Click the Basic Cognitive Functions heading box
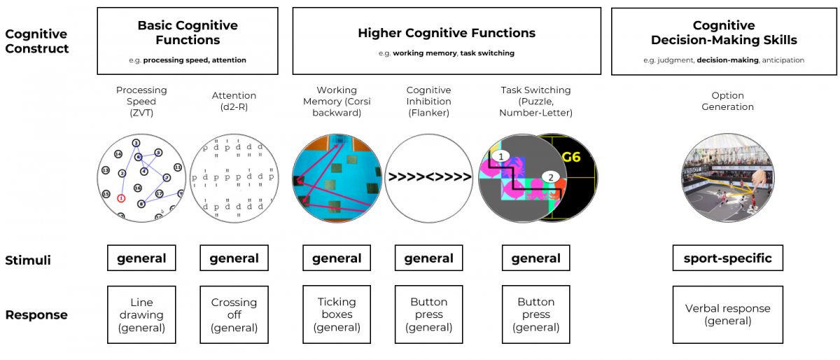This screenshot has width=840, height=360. [188, 41]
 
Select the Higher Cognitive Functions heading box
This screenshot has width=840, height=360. [447, 41]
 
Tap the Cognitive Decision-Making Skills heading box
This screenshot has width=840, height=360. [724, 41]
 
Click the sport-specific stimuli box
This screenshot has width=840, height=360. [727, 258]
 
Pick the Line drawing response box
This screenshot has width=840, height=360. [141, 314]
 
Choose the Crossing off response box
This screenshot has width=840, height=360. [234, 314]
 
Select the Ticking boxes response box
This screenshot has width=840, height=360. [337, 314]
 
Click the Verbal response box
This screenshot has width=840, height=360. [727, 314]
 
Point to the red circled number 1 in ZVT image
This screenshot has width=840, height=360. [122, 198]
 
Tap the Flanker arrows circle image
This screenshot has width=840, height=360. [429, 176]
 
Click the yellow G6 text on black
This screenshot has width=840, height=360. [571, 156]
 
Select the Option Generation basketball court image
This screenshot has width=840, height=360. [727, 176]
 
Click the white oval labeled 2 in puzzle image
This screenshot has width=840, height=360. [551, 177]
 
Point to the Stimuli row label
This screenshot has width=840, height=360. [27, 260]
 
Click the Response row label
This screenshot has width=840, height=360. [36, 315]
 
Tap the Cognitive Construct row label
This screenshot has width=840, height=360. [36, 41]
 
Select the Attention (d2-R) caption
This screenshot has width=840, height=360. [234, 102]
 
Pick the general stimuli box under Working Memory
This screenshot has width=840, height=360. [337, 258]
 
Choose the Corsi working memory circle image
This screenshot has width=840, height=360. [337, 176]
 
